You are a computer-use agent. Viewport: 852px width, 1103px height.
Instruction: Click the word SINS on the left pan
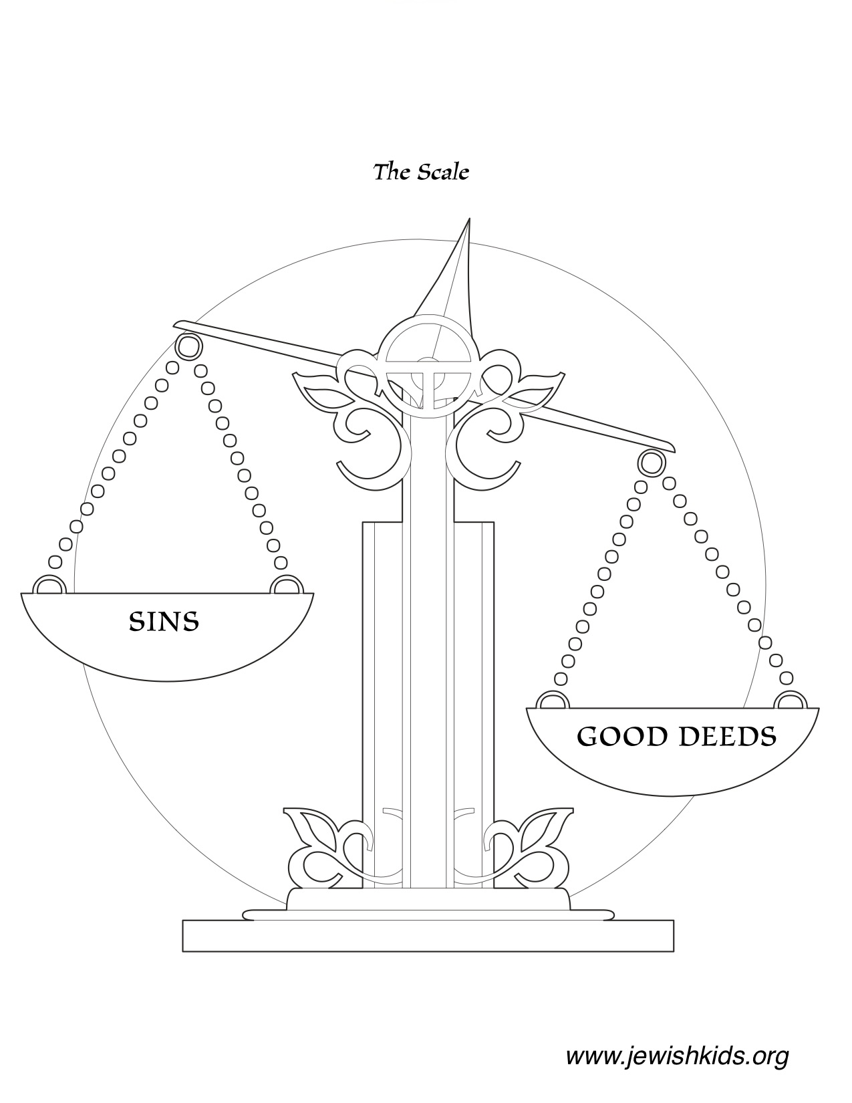click(x=164, y=622)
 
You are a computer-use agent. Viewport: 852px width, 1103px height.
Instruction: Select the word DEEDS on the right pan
click(x=727, y=737)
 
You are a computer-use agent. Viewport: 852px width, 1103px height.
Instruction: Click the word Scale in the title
click(x=442, y=172)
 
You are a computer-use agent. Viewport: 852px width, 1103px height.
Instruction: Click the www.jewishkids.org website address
click(x=677, y=1056)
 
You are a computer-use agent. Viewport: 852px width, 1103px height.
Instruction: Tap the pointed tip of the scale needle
click(x=469, y=220)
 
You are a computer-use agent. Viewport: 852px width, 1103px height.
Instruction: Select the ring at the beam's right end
click(x=650, y=462)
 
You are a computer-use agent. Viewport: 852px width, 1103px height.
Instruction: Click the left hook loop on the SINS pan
click(x=47, y=586)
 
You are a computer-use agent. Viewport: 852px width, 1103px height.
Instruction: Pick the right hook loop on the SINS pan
click(x=285, y=586)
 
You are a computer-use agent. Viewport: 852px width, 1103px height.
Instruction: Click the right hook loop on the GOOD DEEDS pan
click(x=791, y=701)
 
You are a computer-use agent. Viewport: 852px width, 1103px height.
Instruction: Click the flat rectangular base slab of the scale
click(x=428, y=935)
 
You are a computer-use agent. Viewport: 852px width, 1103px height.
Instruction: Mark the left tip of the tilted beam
click(x=176, y=326)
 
